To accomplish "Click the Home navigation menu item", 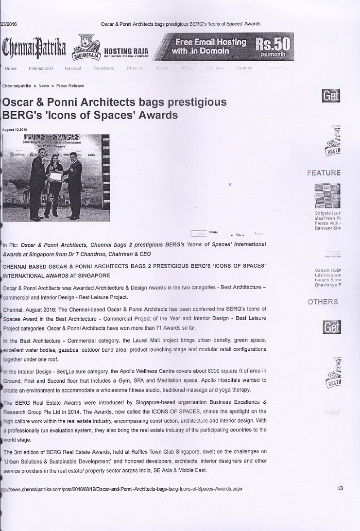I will click(x=11, y=69).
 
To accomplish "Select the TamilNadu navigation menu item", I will click(x=104, y=69).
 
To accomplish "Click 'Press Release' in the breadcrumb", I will click(x=70, y=86).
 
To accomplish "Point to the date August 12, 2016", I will click(x=15, y=129).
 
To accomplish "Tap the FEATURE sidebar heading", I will click(x=324, y=173).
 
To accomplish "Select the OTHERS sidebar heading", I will click(x=323, y=302).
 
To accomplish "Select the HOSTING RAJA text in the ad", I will click(x=126, y=51).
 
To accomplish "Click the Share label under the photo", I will click(x=213, y=232).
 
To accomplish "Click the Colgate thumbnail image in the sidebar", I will click(x=327, y=196).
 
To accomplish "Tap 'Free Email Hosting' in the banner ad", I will click(x=210, y=42).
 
